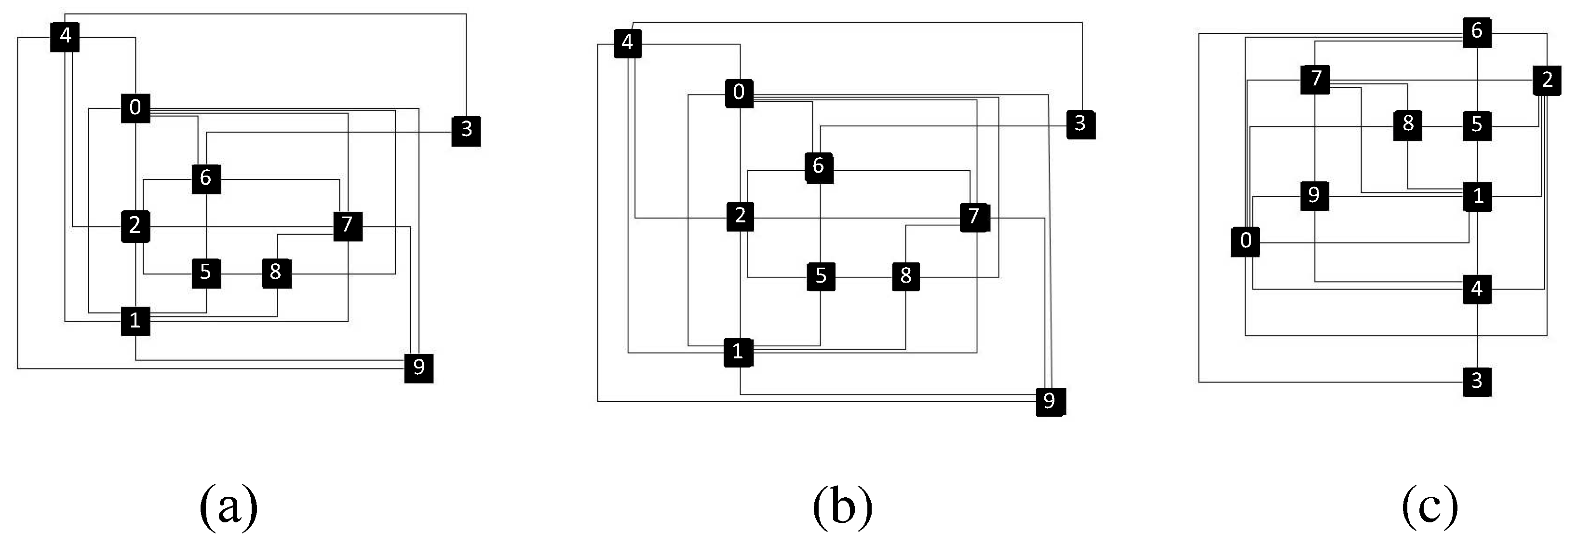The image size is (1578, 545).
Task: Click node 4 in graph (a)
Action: (65, 37)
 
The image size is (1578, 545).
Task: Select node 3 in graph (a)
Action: (466, 130)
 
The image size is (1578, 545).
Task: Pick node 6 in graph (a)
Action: (206, 178)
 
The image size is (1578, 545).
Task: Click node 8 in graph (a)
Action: (276, 272)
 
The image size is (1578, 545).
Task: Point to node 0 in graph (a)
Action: (135, 108)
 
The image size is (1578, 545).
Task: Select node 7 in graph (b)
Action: (974, 217)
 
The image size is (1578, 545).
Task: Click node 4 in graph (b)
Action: (627, 43)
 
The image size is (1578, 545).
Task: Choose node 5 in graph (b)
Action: (821, 276)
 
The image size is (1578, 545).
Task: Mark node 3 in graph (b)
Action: (1080, 124)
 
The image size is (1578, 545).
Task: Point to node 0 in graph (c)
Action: (1245, 241)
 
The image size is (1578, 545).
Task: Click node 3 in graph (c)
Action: (1477, 381)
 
